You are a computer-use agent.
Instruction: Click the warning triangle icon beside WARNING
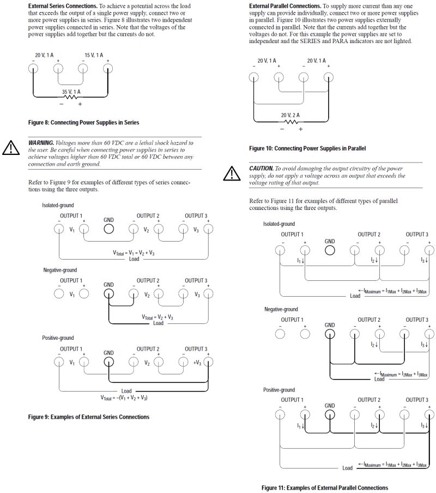point(11,148)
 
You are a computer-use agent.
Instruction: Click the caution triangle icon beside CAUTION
point(232,173)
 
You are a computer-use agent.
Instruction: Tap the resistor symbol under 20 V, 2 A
point(290,122)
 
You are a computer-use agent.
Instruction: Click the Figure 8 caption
point(84,123)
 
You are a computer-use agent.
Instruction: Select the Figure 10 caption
point(307,148)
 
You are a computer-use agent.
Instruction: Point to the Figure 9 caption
point(88,417)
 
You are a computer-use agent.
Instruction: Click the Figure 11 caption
point(325,488)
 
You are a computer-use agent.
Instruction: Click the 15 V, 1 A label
point(94,55)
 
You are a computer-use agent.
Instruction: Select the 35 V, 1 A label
point(71,91)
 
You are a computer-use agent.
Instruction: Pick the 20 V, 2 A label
point(290,115)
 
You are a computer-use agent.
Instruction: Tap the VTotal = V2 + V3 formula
point(158,317)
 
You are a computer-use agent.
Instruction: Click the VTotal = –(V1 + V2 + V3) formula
point(124,398)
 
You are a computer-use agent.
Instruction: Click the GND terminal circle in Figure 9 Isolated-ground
point(109,229)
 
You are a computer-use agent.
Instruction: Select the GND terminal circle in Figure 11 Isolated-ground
point(330,250)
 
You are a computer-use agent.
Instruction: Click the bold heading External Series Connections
point(63,6)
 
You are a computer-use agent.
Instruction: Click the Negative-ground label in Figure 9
point(60,270)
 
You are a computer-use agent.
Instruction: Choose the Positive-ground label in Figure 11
point(279,390)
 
